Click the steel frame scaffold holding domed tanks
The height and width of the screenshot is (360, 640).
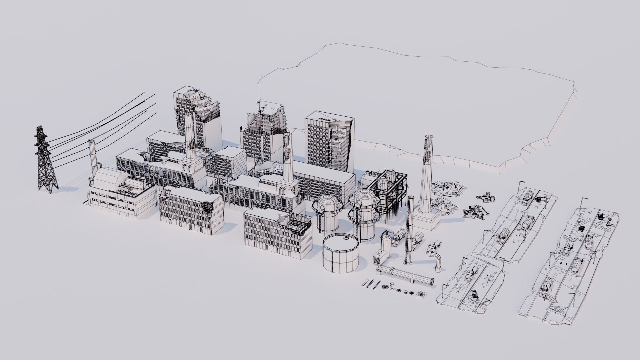coord(393,193)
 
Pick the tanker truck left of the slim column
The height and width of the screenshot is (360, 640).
coord(399,237)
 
